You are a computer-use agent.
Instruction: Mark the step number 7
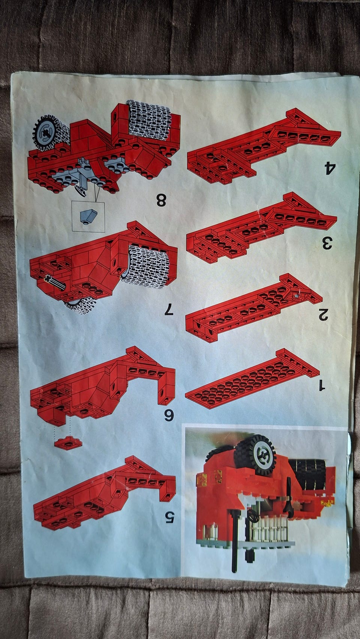point(169,309)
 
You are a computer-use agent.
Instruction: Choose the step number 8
point(161,200)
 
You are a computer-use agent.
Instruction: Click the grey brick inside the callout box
point(88,216)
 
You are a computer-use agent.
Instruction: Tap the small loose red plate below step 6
point(68,443)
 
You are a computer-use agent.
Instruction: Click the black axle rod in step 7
point(55,282)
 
